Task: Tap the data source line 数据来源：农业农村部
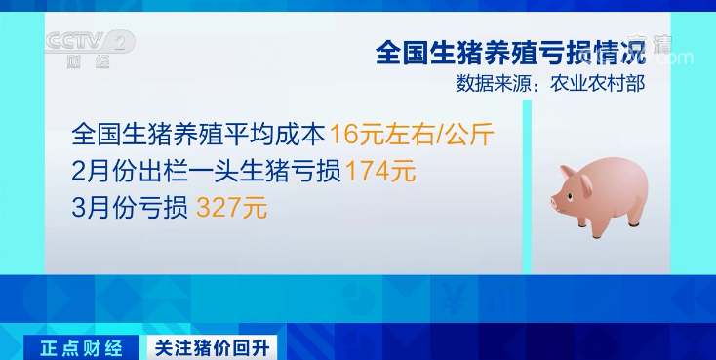(549, 84)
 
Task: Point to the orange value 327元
(231, 207)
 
